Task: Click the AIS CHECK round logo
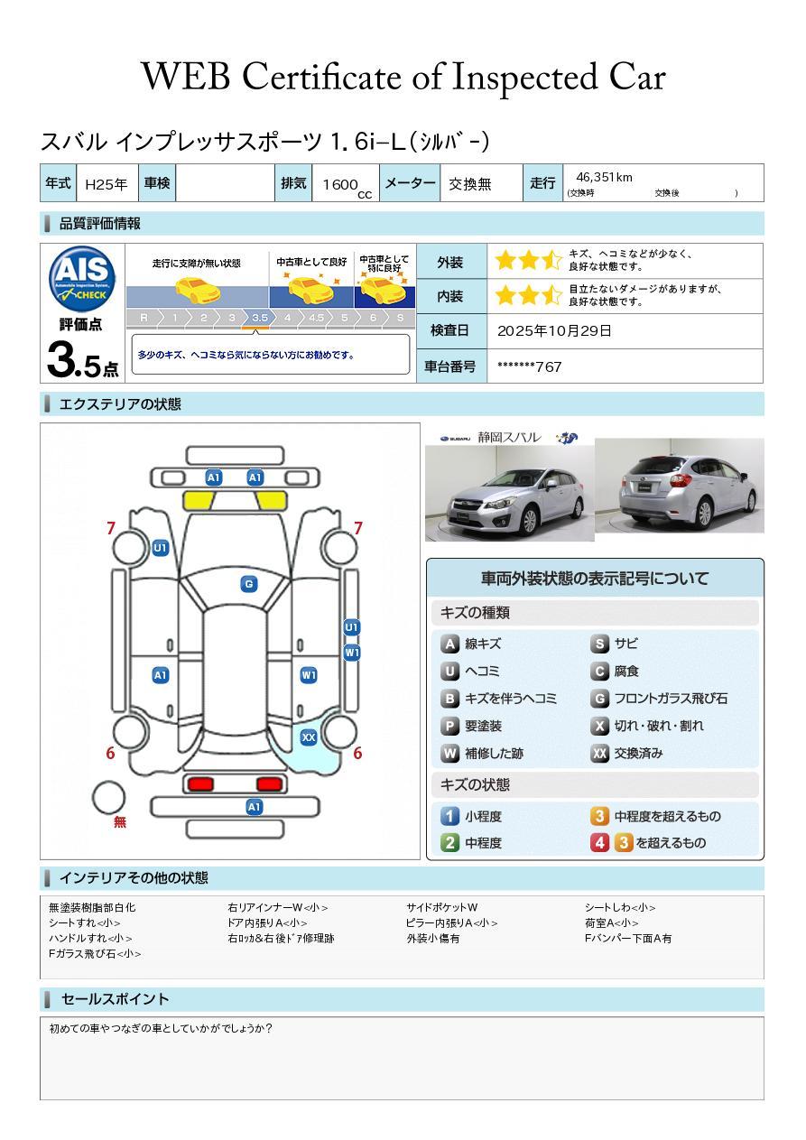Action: (82, 279)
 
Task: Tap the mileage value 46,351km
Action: (604, 177)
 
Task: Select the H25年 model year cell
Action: (106, 184)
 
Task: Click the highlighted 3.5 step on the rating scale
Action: (260, 318)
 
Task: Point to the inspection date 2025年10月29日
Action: (554, 330)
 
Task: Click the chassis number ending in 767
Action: (529, 367)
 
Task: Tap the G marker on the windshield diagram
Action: (249, 584)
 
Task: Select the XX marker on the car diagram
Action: (309, 737)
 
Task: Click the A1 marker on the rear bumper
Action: (255, 807)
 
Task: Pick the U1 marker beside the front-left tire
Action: (161, 548)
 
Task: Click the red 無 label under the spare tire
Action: (120, 821)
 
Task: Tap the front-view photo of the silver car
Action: (509, 493)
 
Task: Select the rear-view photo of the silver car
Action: (680, 486)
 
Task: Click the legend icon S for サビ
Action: (599, 644)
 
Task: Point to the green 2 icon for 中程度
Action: (449, 842)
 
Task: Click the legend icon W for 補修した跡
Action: (449, 753)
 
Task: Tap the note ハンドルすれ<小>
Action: (90, 939)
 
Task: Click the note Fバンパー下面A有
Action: (628, 939)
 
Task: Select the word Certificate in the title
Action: (321, 77)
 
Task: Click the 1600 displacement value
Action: (340, 185)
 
